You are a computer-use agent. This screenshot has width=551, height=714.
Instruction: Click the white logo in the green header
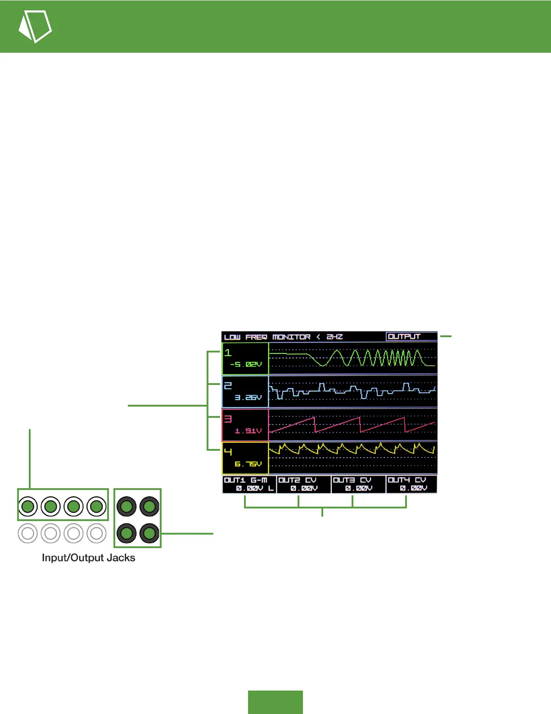click(x=35, y=26)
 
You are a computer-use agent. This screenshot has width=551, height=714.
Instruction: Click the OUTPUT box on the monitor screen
click(x=404, y=336)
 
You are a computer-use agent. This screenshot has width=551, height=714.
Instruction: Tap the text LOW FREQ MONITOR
click(x=267, y=337)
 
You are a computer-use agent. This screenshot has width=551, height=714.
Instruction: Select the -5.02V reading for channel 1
click(x=246, y=364)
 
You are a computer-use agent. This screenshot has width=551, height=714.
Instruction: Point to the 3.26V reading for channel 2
click(x=248, y=398)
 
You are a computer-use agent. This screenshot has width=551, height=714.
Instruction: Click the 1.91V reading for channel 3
click(x=248, y=431)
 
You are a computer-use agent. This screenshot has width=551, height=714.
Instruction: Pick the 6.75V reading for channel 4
click(x=248, y=464)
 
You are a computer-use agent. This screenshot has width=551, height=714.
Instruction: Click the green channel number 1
click(x=228, y=352)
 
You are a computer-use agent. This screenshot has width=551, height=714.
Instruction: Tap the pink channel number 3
click(x=228, y=419)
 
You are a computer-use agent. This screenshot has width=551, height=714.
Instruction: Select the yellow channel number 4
click(x=228, y=452)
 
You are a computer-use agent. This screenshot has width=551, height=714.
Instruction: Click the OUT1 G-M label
click(x=245, y=480)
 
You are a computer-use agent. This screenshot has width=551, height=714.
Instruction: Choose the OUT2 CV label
click(x=297, y=480)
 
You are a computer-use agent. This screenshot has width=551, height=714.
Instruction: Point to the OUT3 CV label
click(x=352, y=480)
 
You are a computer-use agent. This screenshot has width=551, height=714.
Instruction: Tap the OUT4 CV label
click(x=406, y=480)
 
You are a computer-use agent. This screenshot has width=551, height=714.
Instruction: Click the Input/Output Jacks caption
click(x=88, y=558)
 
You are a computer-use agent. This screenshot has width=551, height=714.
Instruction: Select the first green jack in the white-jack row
click(x=28, y=506)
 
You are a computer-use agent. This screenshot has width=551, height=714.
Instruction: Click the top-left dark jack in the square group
click(x=126, y=506)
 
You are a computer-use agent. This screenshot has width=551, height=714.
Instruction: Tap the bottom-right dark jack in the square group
click(x=149, y=533)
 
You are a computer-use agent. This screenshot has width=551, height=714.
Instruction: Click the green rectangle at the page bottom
click(x=275, y=702)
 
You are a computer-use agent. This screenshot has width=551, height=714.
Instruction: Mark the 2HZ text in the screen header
click(x=334, y=337)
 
